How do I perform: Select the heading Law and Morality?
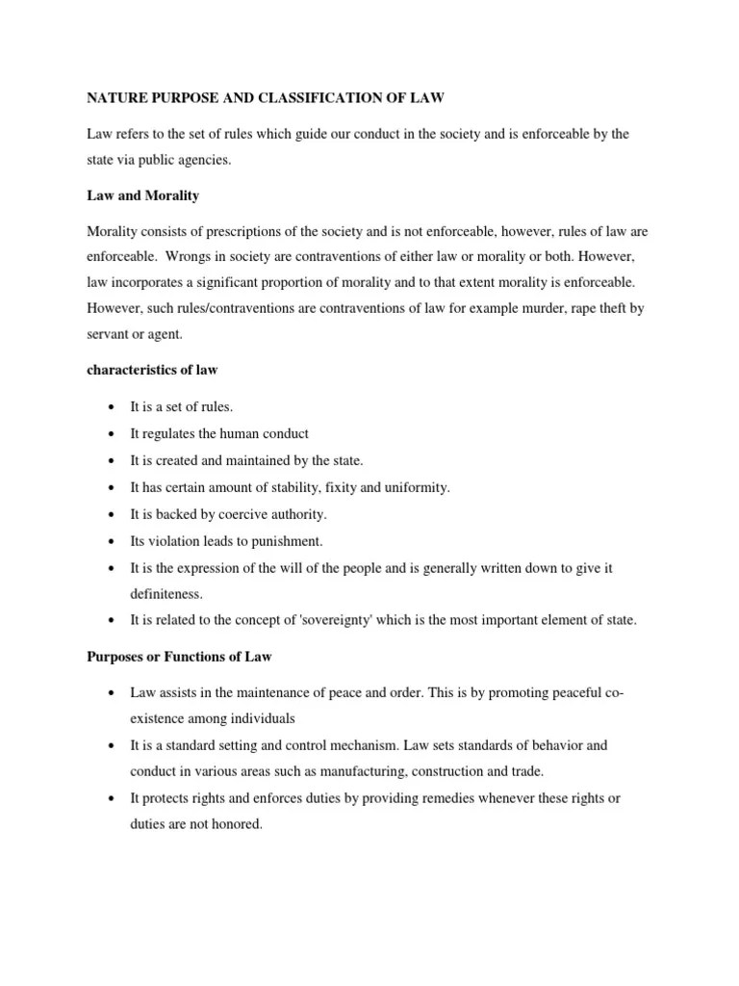[142, 195]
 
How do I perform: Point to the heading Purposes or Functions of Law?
[179, 657]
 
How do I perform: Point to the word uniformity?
[415, 487]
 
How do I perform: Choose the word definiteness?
[166, 594]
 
